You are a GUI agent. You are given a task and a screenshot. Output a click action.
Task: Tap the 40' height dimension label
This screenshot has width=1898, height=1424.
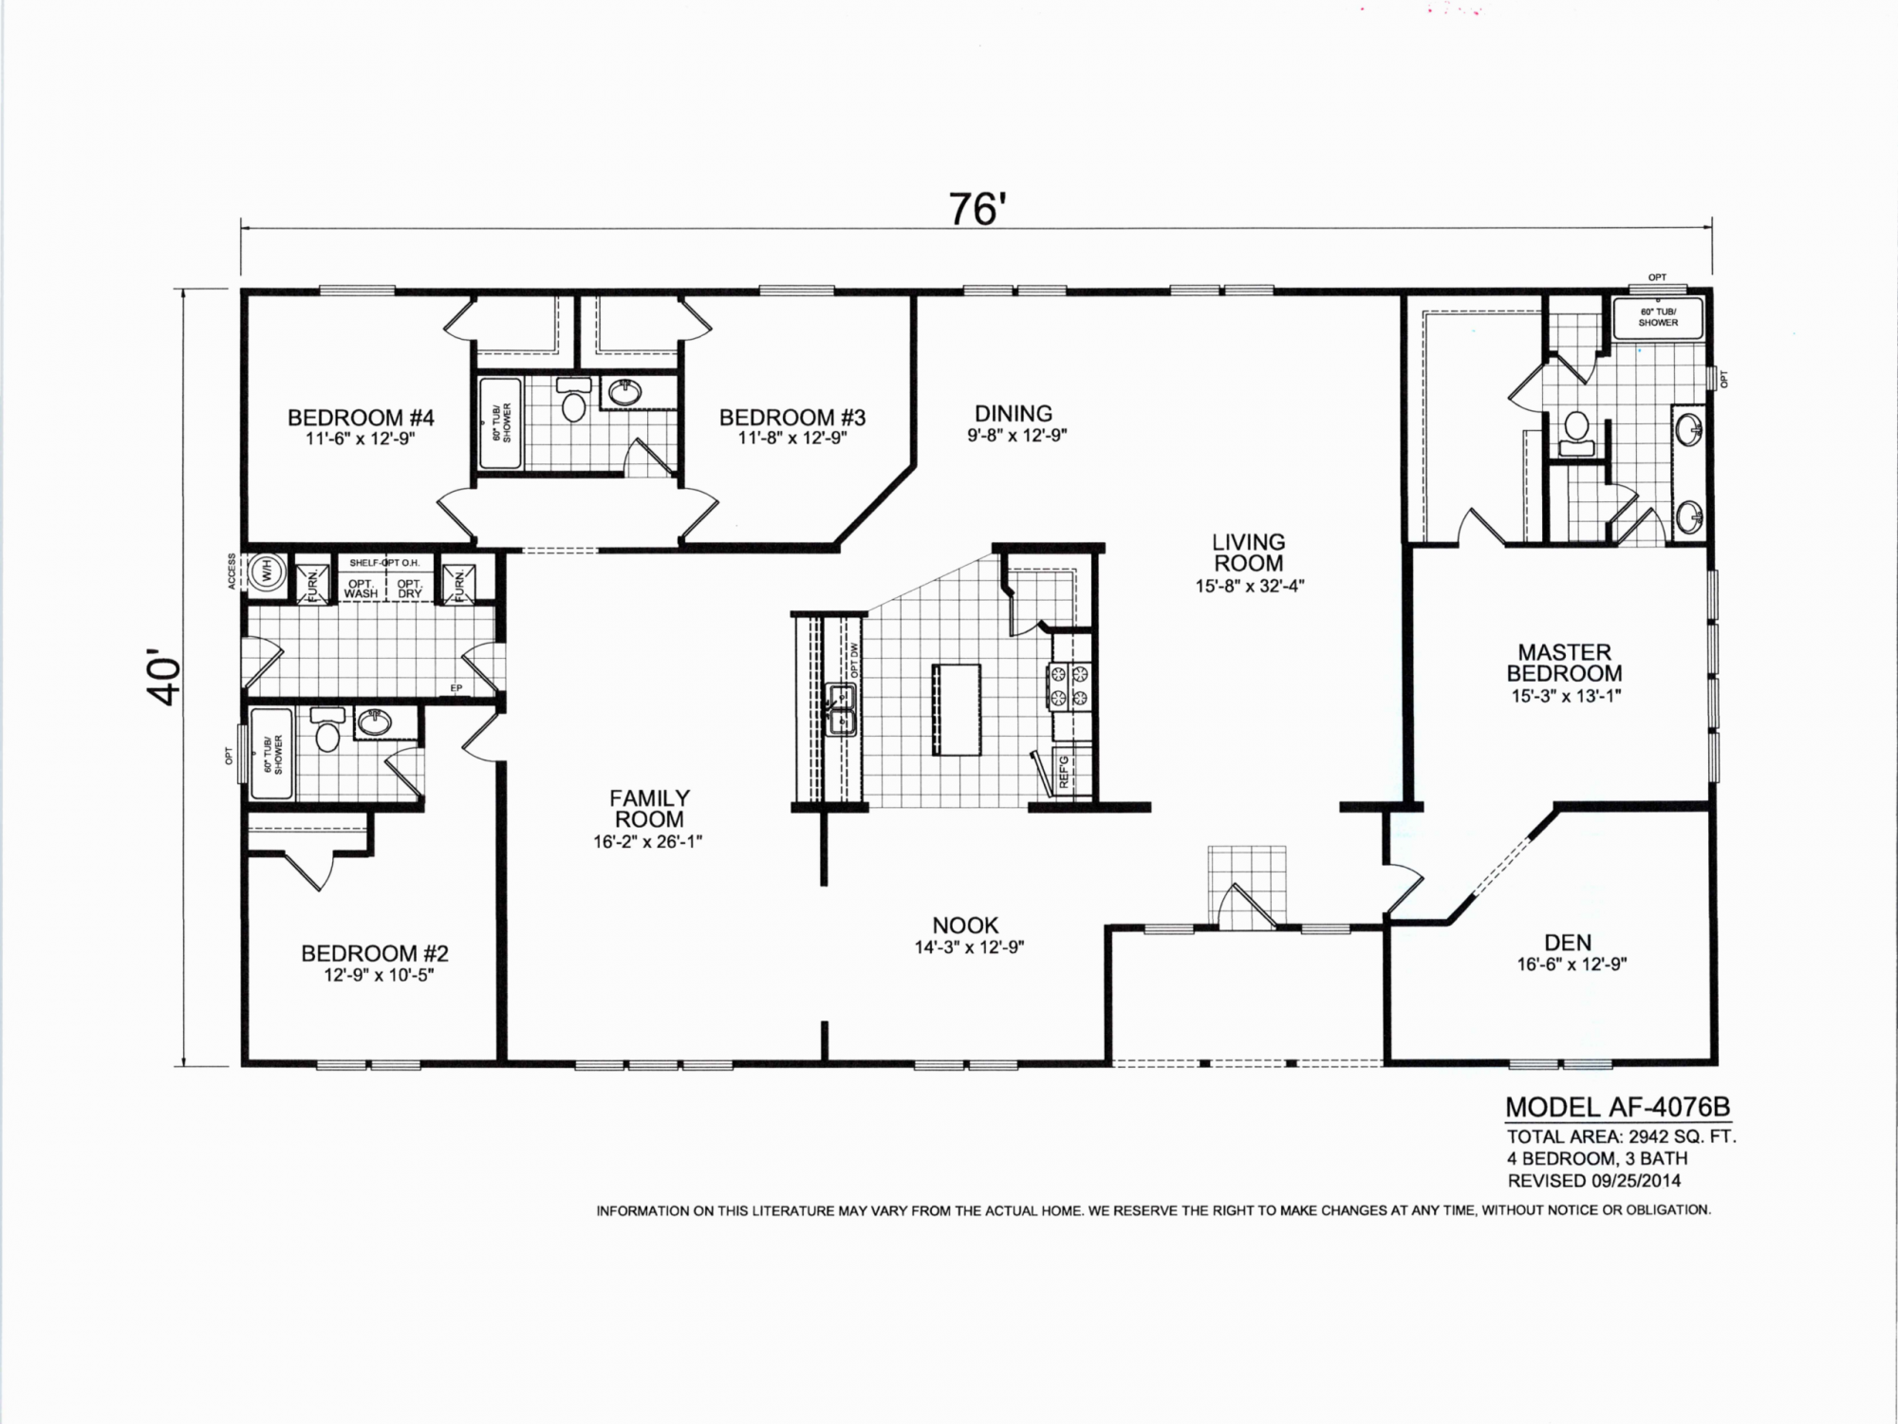point(164,677)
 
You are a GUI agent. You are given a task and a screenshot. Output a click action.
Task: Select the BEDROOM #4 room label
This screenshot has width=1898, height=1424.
point(361,418)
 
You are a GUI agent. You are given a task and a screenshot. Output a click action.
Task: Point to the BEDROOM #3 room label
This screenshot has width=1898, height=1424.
point(792,418)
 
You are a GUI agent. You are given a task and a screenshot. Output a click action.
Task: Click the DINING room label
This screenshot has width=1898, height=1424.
point(1014,414)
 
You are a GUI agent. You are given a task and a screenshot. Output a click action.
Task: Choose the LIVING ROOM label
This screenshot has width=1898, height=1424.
point(1249,553)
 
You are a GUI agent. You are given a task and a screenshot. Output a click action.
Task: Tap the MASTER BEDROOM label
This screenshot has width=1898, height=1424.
point(1565,663)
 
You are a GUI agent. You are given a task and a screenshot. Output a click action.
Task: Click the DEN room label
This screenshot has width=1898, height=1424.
point(1568,943)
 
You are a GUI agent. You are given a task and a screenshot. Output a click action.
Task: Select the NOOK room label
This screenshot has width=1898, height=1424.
point(965,926)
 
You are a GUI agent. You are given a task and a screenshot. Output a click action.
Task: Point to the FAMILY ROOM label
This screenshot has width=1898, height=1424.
point(649,809)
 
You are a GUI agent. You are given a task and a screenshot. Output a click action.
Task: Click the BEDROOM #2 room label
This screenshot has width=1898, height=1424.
point(375,953)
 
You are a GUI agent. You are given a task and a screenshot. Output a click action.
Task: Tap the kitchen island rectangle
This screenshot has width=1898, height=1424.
point(957,709)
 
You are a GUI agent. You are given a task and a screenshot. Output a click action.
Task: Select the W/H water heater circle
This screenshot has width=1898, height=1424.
point(267,572)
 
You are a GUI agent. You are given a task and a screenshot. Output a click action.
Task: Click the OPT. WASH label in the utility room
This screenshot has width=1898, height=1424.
point(361,589)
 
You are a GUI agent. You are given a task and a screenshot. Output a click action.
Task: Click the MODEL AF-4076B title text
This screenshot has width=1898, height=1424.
point(1618,1107)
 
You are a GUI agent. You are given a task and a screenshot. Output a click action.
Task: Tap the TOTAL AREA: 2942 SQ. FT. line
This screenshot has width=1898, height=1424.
point(1622,1136)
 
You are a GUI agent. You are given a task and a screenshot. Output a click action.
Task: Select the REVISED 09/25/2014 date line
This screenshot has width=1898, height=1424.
point(1594,1181)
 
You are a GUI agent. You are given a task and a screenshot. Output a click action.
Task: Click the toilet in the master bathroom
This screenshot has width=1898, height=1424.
point(1576,433)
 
